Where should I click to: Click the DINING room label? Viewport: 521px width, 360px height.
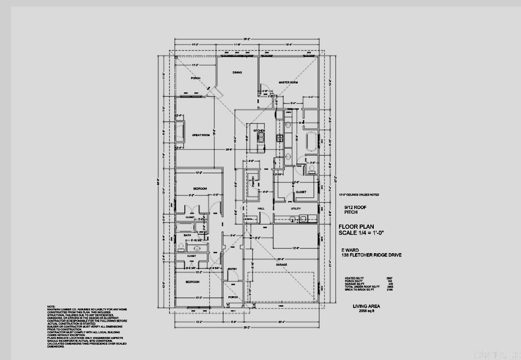[x=237, y=73]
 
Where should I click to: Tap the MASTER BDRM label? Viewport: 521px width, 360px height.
[x=288, y=82]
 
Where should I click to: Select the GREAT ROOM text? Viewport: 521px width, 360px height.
[x=201, y=135]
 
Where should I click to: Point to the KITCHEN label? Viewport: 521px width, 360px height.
[x=259, y=130]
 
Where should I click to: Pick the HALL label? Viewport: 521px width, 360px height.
[x=262, y=209]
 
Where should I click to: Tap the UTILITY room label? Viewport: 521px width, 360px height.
[x=295, y=209]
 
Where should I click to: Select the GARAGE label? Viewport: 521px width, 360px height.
[x=281, y=264]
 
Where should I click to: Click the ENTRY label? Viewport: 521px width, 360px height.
[x=232, y=269]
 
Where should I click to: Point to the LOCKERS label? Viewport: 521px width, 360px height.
[x=249, y=219]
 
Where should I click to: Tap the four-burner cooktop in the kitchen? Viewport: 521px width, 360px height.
[x=279, y=138]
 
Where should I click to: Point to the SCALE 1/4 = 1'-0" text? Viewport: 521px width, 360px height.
[x=361, y=232]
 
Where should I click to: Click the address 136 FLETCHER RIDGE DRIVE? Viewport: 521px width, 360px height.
[x=371, y=255]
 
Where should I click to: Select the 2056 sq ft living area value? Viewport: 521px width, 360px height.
[x=366, y=311]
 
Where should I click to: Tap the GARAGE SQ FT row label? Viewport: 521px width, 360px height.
[x=354, y=284]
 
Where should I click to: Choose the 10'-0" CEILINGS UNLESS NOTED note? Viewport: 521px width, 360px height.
[x=359, y=195]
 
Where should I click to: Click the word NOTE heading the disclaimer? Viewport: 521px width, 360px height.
[x=51, y=306]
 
